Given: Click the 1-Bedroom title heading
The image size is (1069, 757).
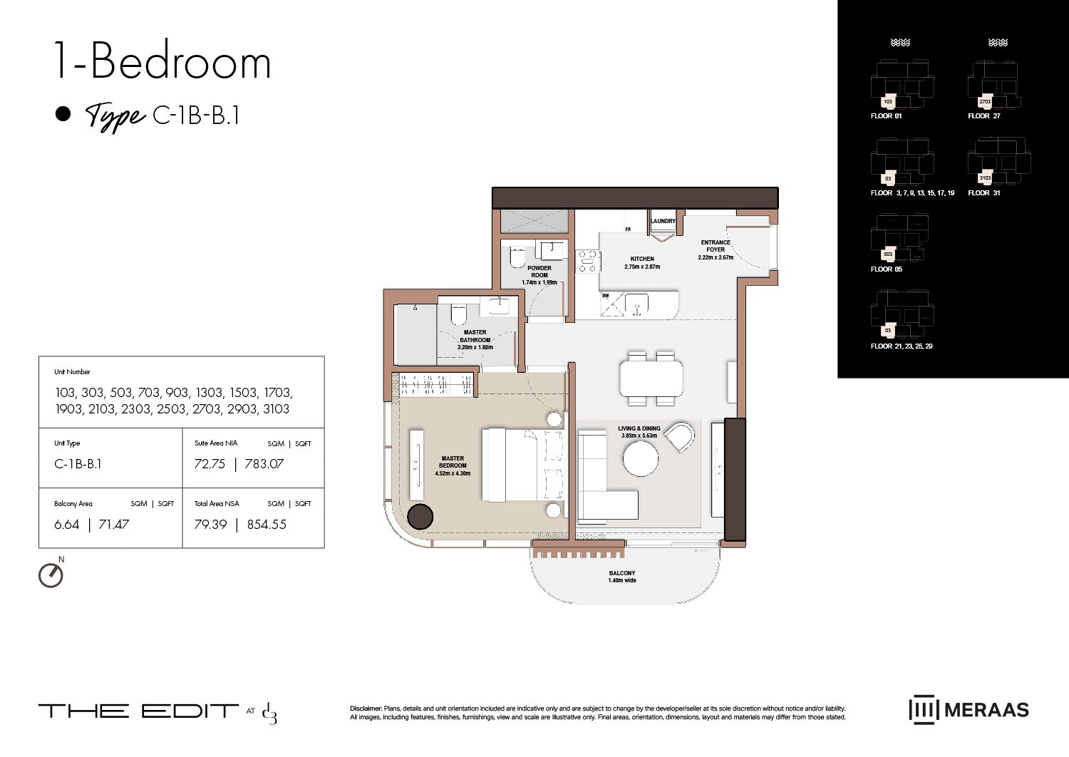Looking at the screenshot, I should point(162,62).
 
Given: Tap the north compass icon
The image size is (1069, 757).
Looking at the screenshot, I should point(51,575).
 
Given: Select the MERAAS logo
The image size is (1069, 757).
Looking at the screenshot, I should point(969,710).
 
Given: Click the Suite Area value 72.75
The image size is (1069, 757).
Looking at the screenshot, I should point(210,464).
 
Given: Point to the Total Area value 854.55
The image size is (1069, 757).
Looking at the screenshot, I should point(267,525).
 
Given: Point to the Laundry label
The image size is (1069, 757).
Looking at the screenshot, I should point(663,221).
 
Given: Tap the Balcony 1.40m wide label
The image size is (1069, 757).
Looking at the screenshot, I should point(622,577).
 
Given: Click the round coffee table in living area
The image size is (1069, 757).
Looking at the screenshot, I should point(641,458).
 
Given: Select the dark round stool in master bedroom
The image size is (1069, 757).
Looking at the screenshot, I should point(420,516).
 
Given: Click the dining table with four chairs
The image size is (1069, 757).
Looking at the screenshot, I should point(651,378).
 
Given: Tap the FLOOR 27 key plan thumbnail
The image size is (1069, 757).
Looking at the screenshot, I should point(993,88).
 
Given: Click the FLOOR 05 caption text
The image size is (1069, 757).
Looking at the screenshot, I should point(886,269).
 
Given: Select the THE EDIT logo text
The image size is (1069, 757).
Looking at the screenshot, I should point(138,711).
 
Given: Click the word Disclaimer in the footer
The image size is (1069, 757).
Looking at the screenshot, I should point(366,709).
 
